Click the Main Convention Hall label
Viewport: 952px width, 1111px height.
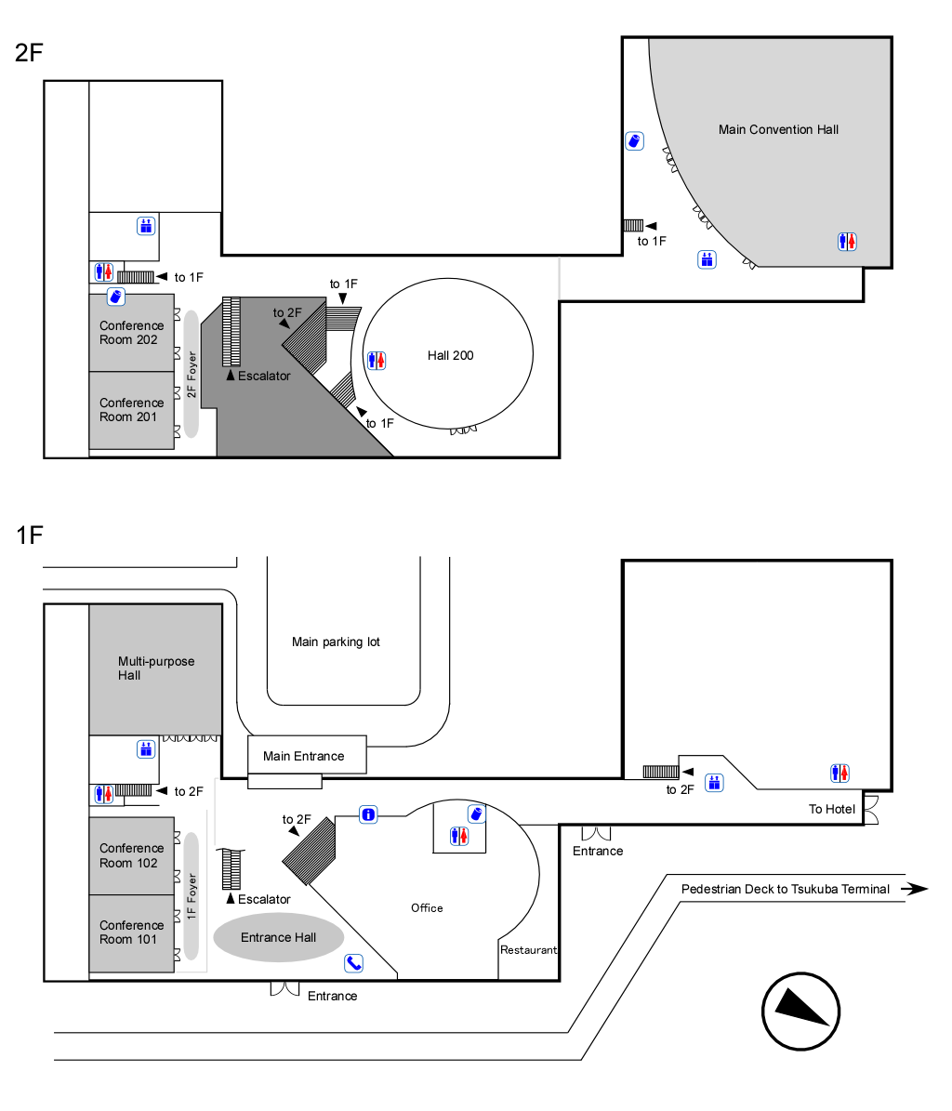coord(778,130)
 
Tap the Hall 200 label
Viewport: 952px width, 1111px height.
coord(451,355)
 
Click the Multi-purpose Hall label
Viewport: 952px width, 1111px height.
coord(156,668)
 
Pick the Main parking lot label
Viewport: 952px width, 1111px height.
coord(336,642)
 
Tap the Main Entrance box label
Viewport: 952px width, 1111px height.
coord(304,756)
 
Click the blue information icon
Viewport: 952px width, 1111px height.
coord(369,815)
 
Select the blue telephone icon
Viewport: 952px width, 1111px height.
coord(353,963)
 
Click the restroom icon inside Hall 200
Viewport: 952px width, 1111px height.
coord(377,360)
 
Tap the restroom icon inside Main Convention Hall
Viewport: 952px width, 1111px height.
coord(846,243)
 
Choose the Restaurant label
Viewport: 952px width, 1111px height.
coord(528,950)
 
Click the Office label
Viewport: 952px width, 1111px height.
coord(427,907)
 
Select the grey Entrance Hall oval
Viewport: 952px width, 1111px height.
coord(279,937)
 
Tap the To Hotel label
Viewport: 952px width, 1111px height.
coord(832,809)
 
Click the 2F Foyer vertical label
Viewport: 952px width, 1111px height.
coord(192,375)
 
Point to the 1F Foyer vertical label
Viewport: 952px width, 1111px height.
coord(192,897)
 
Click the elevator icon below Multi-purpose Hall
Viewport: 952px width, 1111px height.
coord(146,747)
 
